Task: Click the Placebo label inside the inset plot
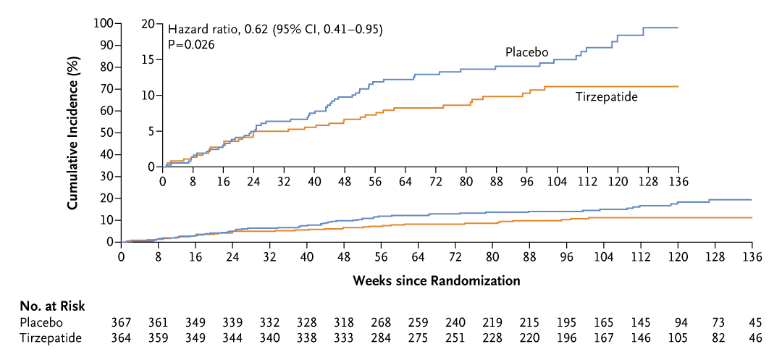(x=526, y=52)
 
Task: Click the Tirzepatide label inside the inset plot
(x=607, y=97)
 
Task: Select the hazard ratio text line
(x=275, y=30)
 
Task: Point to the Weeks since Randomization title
(x=437, y=279)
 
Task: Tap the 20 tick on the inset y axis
(x=148, y=23)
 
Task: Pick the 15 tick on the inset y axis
(x=148, y=59)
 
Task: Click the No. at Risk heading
(x=52, y=306)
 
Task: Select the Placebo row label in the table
(x=41, y=322)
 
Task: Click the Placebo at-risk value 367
(x=121, y=322)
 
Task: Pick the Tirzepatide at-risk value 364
(x=121, y=337)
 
